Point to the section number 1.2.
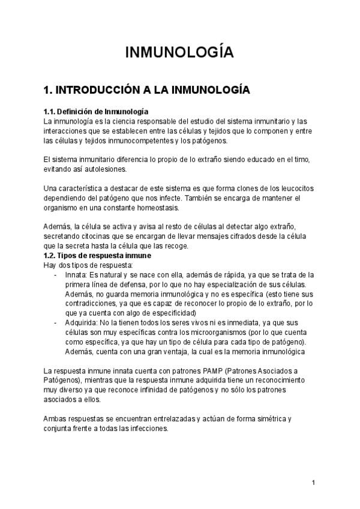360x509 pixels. pos(50,256)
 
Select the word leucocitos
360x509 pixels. pos(292,188)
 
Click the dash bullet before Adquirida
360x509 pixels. pos(55,322)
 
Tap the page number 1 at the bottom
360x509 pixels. pos(313,483)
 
